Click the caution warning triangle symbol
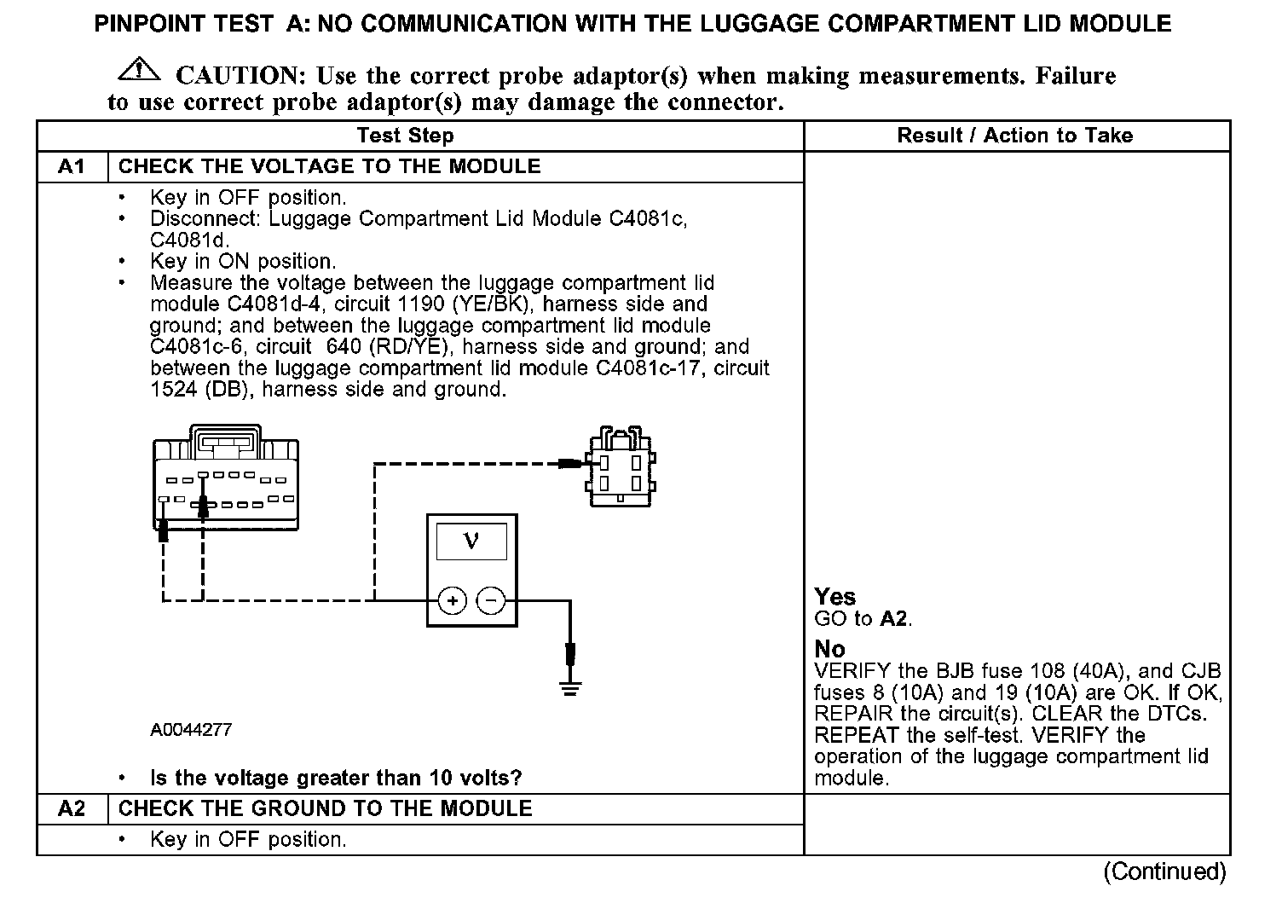tap(138, 71)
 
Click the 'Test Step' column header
tap(405, 136)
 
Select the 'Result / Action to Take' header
tap(1014, 136)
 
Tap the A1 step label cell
tap(72, 166)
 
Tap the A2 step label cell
tap(72, 808)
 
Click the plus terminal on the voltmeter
tap(452, 601)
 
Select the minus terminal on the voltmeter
tap(490, 601)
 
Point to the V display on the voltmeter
tap(471, 541)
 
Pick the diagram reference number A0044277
tap(191, 730)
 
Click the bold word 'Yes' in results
tap(834, 597)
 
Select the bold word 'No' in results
tap(829, 649)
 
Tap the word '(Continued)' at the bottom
tap(1164, 871)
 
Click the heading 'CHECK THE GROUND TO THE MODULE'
tap(325, 808)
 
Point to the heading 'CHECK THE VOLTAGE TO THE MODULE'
tap(329, 166)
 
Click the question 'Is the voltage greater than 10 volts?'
tap(336, 778)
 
